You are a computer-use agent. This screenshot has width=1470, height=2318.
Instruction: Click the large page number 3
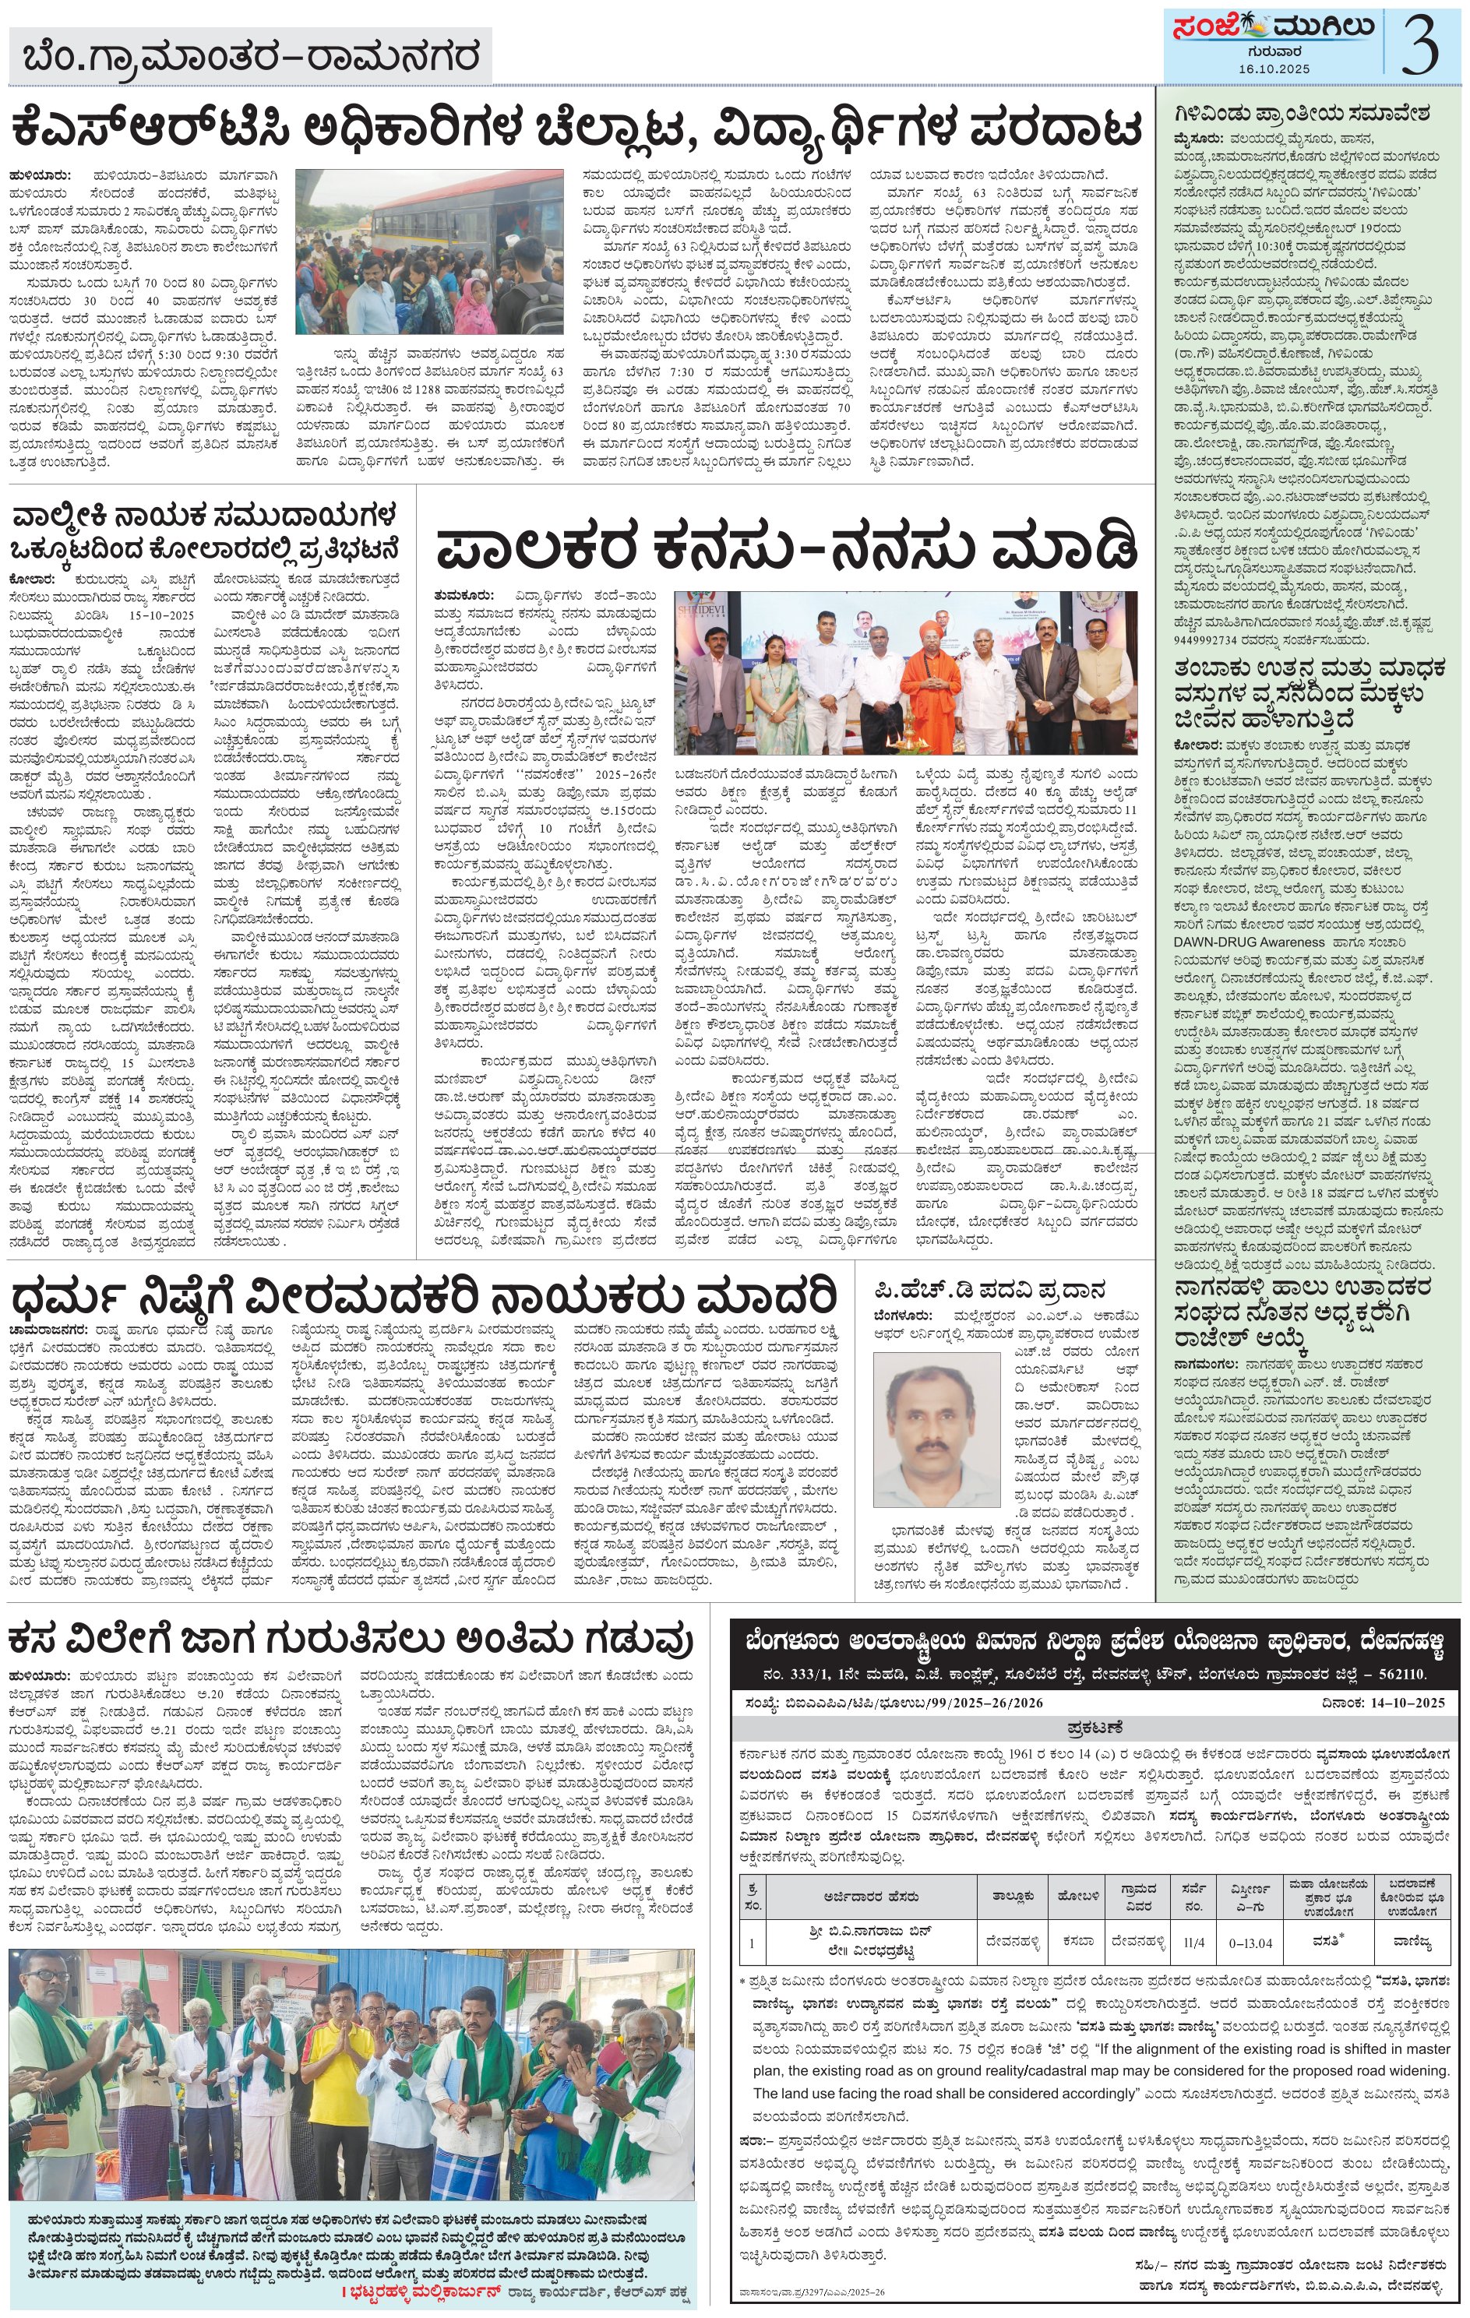point(1420,44)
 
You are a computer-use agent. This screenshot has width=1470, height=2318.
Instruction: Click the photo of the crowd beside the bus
point(428,253)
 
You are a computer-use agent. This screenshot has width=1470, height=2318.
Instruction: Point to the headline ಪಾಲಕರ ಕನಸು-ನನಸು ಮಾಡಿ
point(785,548)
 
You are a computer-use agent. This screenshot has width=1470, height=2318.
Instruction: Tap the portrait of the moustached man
point(936,1428)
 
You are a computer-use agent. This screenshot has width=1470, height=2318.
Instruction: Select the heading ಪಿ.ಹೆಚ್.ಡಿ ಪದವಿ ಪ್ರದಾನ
point(989,1290)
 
